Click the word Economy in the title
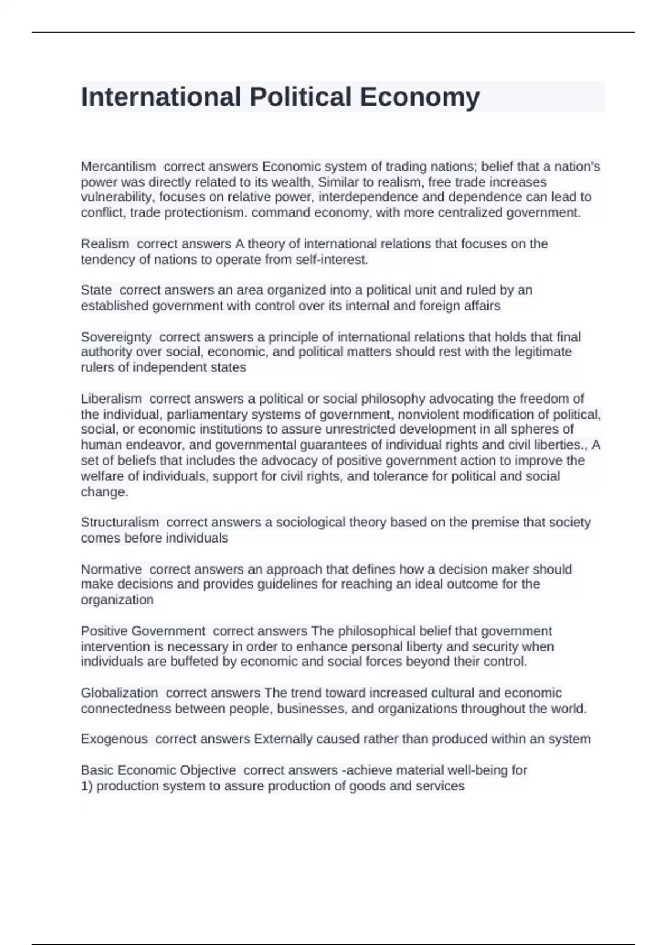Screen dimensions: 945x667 tap(420, 97)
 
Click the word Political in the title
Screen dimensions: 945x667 tap(300, 97)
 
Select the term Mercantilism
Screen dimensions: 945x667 tap(118, 166)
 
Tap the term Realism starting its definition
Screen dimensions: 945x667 tap(105, 243)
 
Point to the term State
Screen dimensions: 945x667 tap(96, 290)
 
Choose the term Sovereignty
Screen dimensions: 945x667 tap(116, 337)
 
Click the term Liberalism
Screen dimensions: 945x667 tap(111, 399)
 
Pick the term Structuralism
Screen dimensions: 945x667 tap(120, 522)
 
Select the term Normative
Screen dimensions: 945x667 tap(111, 569)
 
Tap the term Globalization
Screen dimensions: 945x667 tap(120, 693)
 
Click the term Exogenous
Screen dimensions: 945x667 tap(115, 739)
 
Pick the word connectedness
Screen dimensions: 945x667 tap(126, 708)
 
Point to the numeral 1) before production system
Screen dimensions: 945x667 tap(87, 786)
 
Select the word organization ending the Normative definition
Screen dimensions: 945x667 tap(117, 600)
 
